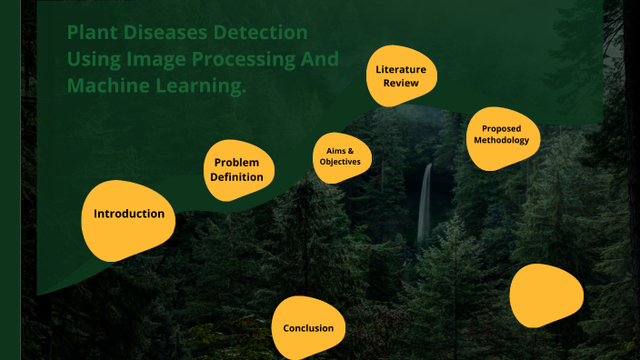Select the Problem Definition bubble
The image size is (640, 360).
(238, 169)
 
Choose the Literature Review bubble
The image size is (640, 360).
(401, 75)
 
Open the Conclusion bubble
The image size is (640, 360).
(308, 328)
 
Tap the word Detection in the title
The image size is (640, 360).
(265, 33)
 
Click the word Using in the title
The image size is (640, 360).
(92, 60)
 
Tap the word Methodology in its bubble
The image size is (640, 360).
(503, 141)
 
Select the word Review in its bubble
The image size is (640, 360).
(401, 83)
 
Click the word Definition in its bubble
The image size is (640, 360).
(237, 177)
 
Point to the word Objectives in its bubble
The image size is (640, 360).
(340, 162)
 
